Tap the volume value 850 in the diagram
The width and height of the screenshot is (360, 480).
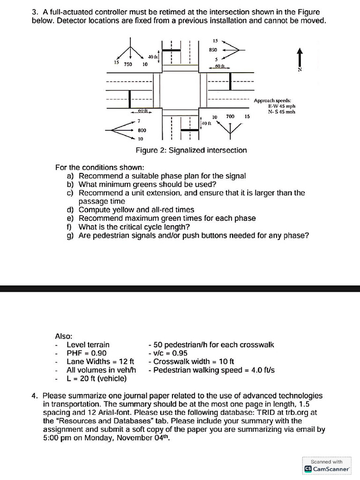[213, 50]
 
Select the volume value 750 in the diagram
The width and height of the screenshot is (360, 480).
[127, 64]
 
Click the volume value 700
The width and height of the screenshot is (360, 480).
[230, 116]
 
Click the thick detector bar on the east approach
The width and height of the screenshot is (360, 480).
[230, 81]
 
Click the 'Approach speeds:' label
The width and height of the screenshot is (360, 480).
[272, 100]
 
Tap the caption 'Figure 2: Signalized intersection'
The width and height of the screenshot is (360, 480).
[191, 150]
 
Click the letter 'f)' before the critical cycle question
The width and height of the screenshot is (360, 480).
[70, 227]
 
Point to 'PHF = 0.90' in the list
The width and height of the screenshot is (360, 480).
[87, 353]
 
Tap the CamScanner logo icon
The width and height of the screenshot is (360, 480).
[308, 469]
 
